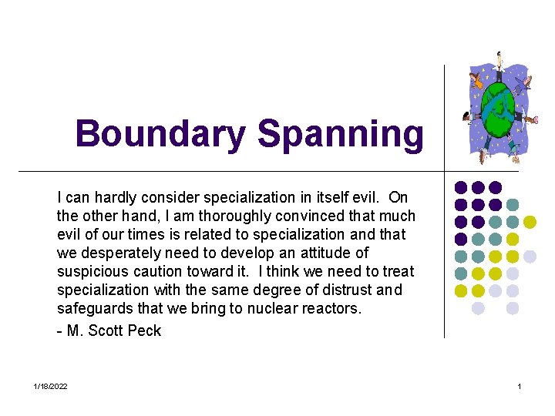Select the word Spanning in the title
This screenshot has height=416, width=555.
coord(340,134)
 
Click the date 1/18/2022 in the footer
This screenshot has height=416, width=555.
coord(51,386)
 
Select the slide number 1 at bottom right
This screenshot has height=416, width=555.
coord(520,386)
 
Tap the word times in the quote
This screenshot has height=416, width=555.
coord(152,234)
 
